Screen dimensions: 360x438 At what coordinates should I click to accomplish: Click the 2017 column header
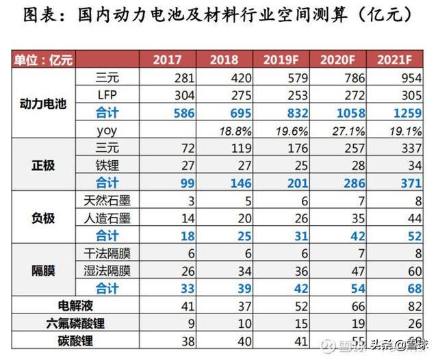(x=168, y=60)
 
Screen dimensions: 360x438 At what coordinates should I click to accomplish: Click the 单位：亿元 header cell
(x=43, y=60)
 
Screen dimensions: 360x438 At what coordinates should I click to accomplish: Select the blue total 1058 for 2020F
(x=348, y=112)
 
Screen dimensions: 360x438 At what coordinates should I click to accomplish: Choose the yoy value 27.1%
(x=348, y=130)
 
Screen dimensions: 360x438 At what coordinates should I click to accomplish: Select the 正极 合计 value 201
(x=292, y=183)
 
